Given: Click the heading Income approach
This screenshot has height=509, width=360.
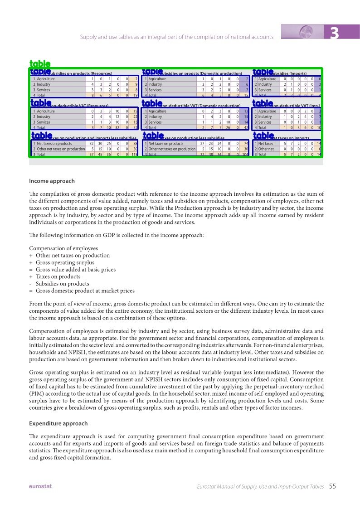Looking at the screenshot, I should [52, 181].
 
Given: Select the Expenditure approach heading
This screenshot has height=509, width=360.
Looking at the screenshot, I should [58, 424].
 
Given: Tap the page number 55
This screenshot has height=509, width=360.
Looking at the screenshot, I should [332, 486].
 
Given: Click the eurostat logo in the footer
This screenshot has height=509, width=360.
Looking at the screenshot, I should [40, 486].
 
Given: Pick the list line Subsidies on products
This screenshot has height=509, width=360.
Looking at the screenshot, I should [62, 284].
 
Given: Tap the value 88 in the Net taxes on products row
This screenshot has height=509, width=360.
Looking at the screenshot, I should [135, 144].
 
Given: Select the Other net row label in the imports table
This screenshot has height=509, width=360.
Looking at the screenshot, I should [266, 149].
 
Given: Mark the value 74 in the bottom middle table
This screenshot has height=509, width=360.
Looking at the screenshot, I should [246, 144].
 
